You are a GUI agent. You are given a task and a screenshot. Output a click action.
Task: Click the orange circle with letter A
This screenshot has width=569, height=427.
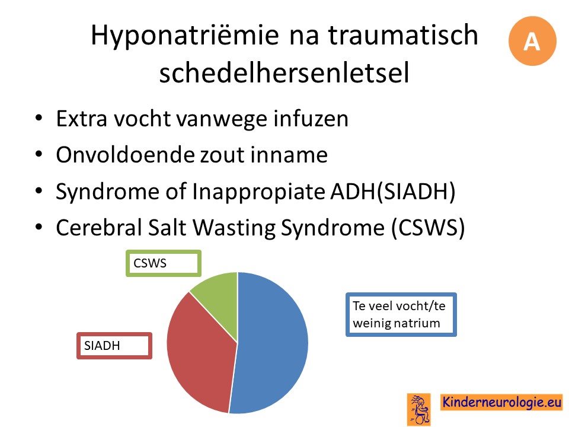pyautogui.click(x=532, y=41)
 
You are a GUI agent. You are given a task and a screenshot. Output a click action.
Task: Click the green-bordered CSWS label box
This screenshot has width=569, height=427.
pyautogui.click(x=164, y=263)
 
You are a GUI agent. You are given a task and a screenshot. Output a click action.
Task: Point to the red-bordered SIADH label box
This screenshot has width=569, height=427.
pyautogui.click(x=114, y=346)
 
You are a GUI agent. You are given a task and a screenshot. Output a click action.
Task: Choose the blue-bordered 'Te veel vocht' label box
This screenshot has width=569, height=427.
pyautogui.click(x=401, y=314)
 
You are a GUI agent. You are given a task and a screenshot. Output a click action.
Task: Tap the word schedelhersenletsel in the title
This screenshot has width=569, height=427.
pyautogui.click(x=284, y=72)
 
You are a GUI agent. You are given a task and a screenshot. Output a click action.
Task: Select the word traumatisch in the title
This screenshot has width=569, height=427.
pyautogui.click(x=403, y=34)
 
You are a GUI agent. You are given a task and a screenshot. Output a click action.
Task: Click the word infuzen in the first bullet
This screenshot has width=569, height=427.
pyautogui.click(x=311, y=119)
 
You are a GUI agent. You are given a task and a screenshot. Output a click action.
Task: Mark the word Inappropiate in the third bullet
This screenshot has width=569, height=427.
pyautogui.click(x=259, y=192)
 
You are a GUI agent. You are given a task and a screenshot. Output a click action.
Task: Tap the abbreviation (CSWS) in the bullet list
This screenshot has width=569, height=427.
pyautogui.click(x=428, y=228)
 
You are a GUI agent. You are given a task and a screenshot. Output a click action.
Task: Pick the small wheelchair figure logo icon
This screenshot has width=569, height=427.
pyautogui.click(x=419, y=409)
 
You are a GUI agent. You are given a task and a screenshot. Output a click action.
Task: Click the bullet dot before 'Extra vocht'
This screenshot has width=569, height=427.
pyautogui.click(x=39, y=119)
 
